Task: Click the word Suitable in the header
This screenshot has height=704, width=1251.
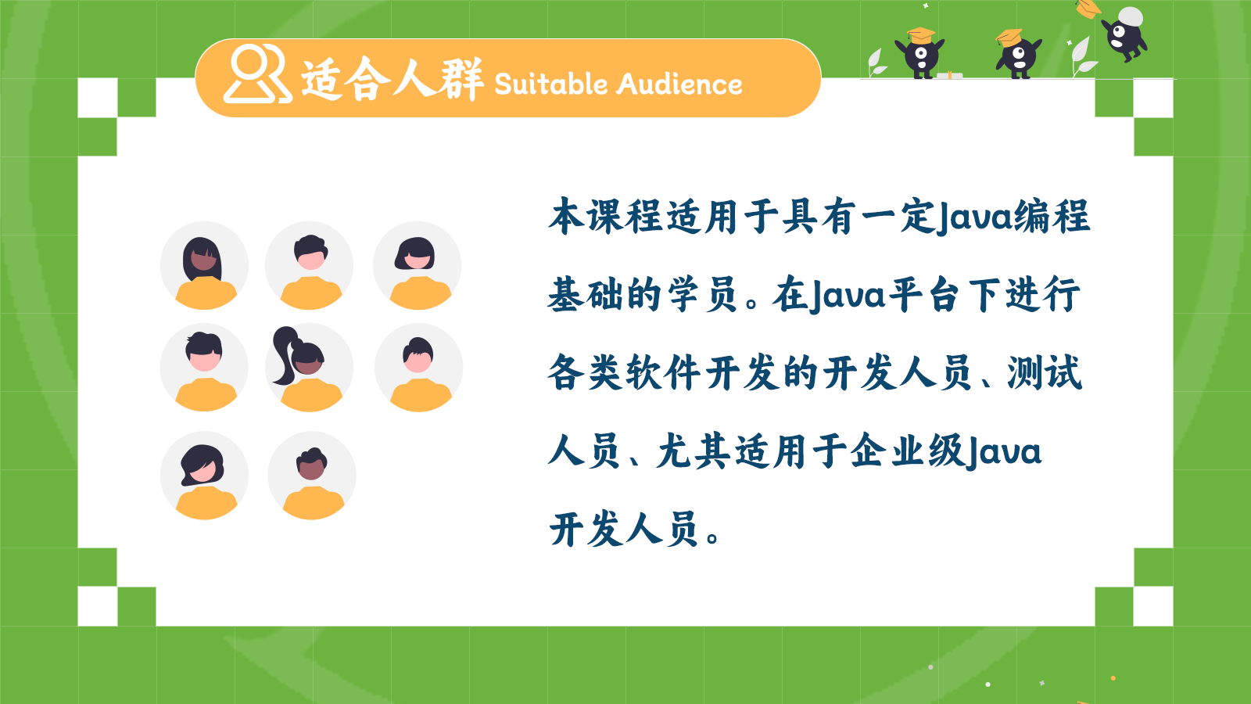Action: tap(550, 84)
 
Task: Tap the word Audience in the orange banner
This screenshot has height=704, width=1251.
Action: tap(679, 84)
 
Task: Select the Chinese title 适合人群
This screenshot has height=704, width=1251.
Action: tap(393, 79)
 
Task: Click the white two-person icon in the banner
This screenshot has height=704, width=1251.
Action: tap(257, 74)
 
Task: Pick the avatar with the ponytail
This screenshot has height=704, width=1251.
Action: tap(310, 368)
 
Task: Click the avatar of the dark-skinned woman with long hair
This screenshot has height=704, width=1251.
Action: tap(204, 266)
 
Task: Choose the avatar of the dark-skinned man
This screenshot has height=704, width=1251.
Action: tap(312, 476)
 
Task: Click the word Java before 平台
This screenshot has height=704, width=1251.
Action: tap(848, 295)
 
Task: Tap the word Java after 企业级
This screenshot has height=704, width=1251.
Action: tap(1004, 451)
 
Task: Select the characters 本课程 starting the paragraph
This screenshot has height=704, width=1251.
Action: tap(606, 216)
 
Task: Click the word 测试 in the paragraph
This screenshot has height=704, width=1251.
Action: tap(1045, 372)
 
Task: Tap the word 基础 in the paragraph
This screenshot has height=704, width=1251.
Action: tap(586, 294)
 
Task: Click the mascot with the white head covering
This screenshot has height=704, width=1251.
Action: tap(1125, 33)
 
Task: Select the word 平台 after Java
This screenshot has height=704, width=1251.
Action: tap(923, 294)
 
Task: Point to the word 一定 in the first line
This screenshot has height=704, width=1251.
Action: tap(898, 216)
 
